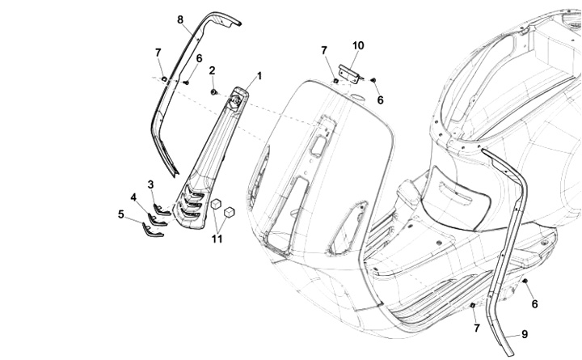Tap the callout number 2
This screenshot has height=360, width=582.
point(212,70)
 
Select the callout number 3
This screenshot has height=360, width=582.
point(150,184)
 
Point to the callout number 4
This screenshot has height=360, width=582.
point(133,197)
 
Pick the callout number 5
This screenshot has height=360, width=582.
point(120,214)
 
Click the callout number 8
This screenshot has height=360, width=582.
point(179,19)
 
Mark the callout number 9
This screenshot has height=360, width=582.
point(524,333)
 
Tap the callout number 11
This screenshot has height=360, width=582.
point(217,238)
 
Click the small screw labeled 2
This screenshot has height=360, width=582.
point(214,91)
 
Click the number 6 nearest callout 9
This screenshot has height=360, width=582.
point(534,303)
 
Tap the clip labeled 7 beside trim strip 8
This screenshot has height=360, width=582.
point(164,78)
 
